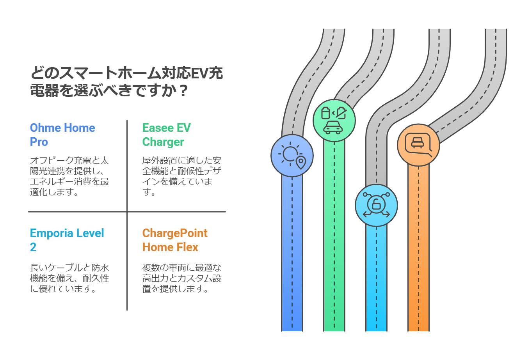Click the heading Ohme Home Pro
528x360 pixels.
[x=62, y=135]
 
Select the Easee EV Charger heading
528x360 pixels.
[x=166, y=135]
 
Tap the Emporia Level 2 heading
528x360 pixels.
[x=67, y=240]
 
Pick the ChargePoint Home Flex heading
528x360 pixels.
[x=175, y=240]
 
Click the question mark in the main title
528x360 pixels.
[x=183, y=90]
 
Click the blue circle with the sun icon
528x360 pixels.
[x=292, y=156]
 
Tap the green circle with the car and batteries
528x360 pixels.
[x=334, y=121]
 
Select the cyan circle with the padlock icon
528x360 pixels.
[x=376, y=206]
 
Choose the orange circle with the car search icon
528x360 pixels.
[x=418, y=145]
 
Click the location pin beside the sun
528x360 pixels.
[x=301, y=163]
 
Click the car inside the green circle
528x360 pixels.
[x=333, y=128]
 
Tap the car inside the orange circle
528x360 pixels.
[x=418, y=143]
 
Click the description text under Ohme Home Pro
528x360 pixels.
[x=69, y=176]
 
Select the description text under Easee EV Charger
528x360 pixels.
[x=182, y=176]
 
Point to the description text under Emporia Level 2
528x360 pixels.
[x=69, y=278]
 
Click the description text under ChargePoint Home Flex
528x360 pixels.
[x=182, y=278]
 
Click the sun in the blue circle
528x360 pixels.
[x=290, y=154]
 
